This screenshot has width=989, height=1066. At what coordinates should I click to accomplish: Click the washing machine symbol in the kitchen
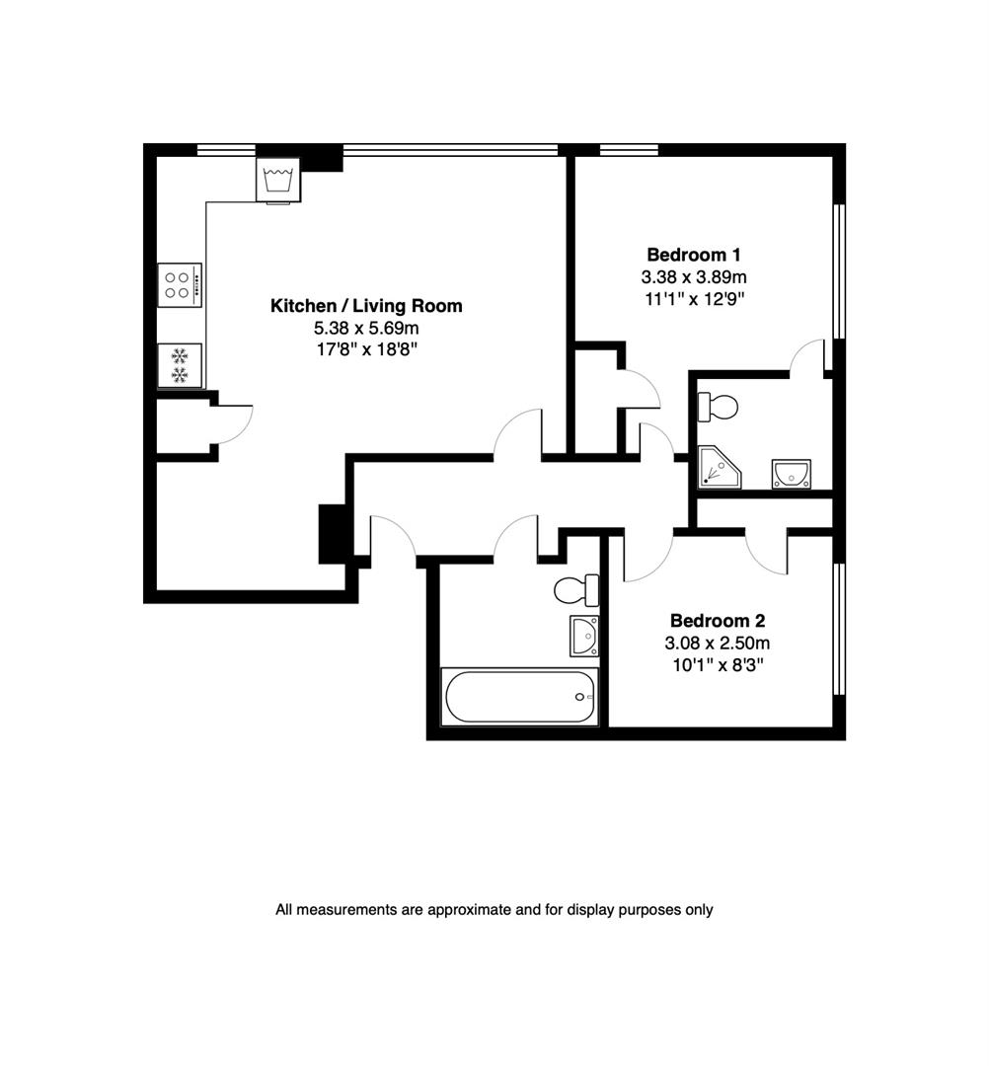click(277, 179)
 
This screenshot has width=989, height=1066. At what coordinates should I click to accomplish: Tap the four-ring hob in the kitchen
click(179, 285)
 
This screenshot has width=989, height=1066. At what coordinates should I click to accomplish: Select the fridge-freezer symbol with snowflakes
click(180, 365)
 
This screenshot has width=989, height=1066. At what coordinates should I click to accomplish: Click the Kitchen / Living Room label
click(366, 307)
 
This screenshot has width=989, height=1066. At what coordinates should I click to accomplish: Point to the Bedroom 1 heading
click(694, 254)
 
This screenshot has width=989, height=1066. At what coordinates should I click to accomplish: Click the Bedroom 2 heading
click(718, 621)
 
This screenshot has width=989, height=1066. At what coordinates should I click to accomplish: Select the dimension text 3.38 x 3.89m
click(694, 276)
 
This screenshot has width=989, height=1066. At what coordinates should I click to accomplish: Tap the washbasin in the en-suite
click(792, 474)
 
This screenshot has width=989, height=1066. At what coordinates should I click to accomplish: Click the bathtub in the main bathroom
click(520, 697)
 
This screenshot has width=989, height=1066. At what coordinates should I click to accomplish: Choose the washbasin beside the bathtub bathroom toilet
click(583, 636)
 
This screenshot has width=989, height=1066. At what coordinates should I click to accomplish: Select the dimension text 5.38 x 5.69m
click(366, 329)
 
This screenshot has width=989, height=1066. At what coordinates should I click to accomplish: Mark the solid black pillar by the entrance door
click(332, 534)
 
